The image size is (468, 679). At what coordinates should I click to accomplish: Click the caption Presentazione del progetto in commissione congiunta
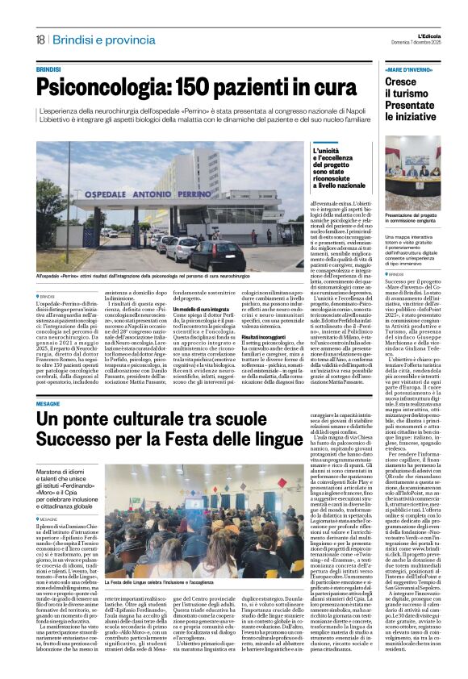[412, 215]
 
